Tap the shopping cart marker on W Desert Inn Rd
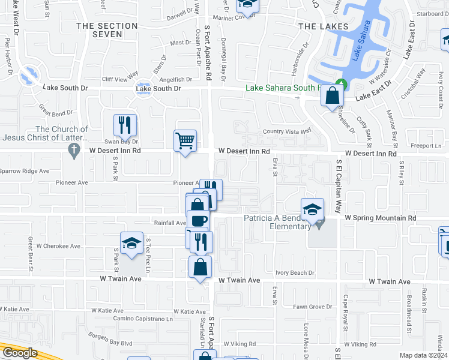click(185, 141)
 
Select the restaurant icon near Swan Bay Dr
click(125, 125)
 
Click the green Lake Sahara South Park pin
click(341, 84)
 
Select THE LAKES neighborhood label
click(323, 26)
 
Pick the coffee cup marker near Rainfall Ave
click(199, 221)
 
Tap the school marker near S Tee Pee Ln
click(132, 243)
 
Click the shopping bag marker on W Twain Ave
click(200, 267)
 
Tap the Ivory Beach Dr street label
click(295, 273)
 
